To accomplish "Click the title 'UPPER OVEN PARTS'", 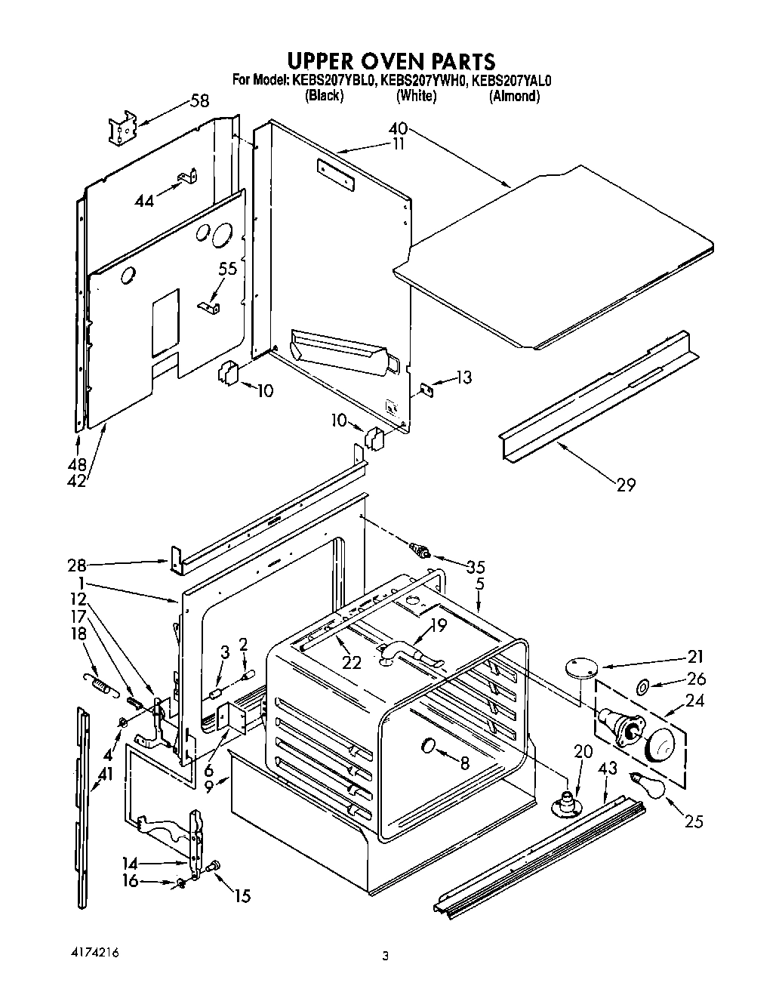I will coord(390,60).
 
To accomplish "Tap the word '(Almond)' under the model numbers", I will coord(514,97).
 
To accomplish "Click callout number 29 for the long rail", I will coord(626,484).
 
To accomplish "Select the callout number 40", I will coord(398,129).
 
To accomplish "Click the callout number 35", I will coord(476,566).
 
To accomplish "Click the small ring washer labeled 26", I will coord(645,687).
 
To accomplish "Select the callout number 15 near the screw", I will coord(242,896).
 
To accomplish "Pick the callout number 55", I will coord(227,267).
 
